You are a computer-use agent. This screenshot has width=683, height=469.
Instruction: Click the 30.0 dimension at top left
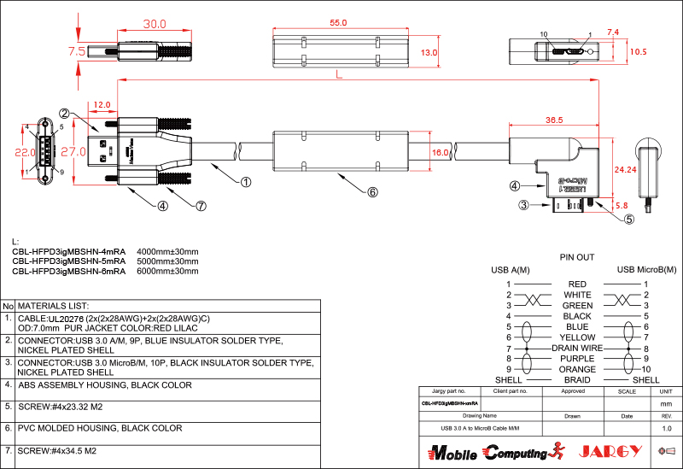click(x=154, y=25)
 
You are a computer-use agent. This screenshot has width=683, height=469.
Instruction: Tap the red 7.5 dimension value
click(x=76, y=51)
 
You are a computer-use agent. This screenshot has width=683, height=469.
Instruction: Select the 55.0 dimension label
click(x=338, y=23)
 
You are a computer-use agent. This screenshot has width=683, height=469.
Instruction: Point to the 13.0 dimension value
click(x=429, y=53)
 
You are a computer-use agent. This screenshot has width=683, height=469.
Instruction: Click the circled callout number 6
click(x=372, y=192)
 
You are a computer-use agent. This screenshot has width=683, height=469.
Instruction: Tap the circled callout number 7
click(x=201, y=206)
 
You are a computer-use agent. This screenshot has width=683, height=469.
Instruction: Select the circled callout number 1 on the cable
click(x=246, y=182)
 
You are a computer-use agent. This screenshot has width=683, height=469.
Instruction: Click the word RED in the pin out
click(x=577, y=284)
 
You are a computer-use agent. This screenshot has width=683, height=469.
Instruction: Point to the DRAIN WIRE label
click(x=577, y=348)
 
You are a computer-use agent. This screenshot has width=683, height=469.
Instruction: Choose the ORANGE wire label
click(x=577, y=369)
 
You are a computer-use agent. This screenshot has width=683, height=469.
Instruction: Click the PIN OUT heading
click(x=577, y=257)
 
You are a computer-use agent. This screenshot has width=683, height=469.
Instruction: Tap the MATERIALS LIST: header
click(x=54, y=305)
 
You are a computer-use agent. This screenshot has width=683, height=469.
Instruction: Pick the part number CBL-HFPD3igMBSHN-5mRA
click(x=68, y=261)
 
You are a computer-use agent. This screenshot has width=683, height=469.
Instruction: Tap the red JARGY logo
click(x=609, y=451)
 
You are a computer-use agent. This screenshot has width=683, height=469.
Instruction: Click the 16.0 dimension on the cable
click(x=441, y=152)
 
